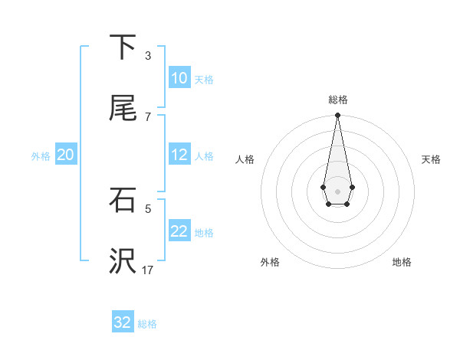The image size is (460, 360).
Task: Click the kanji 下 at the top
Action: point(123,47)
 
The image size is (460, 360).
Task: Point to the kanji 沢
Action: point(123,261)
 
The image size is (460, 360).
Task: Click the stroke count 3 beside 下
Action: point(147,56)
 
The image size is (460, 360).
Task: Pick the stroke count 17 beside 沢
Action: point(148,270)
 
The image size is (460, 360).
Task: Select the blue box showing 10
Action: point(179,78)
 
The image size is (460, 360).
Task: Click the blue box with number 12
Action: point(179,155)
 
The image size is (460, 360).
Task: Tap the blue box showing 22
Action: point(179,231)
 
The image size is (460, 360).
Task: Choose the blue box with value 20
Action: point(65,155)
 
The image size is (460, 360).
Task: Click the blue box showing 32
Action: point(123,322)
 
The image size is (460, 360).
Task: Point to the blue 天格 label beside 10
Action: point(204,79)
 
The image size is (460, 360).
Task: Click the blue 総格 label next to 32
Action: point(147,323)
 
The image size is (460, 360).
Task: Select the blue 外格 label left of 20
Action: point(41,155)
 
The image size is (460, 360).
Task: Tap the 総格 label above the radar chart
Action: point(338,100)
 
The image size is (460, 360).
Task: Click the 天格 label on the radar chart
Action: point(432,159)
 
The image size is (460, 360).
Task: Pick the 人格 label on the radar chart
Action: point(245,159)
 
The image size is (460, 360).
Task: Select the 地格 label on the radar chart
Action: point(402,262)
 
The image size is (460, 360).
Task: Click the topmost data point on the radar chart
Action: point(337,116)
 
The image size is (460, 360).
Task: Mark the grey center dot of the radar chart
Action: point(337,190)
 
